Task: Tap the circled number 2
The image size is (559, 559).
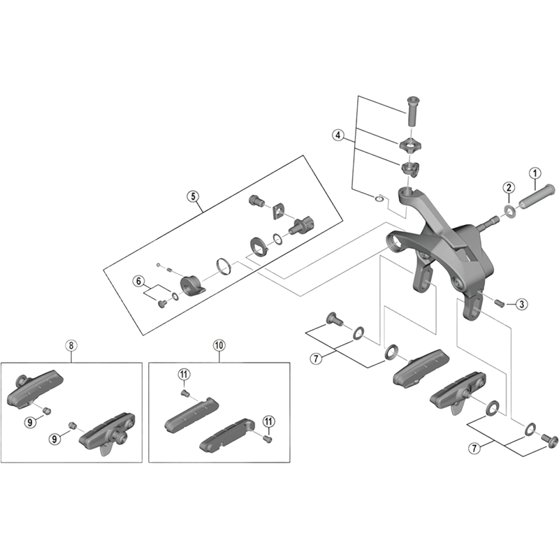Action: (x=509, y=187)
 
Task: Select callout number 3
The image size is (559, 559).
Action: (x=523, y=304)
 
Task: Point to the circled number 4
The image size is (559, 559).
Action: (x=338, y=136)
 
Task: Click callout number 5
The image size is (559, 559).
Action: (x=192, y=196)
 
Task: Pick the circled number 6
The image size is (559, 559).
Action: (x=138, y=282)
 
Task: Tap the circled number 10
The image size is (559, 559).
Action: (x=219, y=344)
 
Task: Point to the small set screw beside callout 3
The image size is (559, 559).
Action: (x=501, y=302)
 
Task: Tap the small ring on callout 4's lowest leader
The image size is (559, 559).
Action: (x=379, y=199)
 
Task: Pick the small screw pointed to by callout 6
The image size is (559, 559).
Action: (x=162, y=303)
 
